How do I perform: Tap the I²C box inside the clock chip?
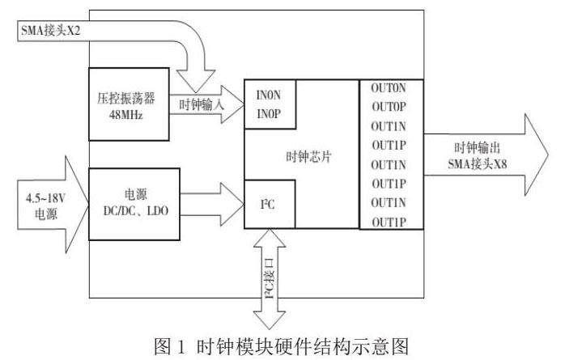270,201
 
